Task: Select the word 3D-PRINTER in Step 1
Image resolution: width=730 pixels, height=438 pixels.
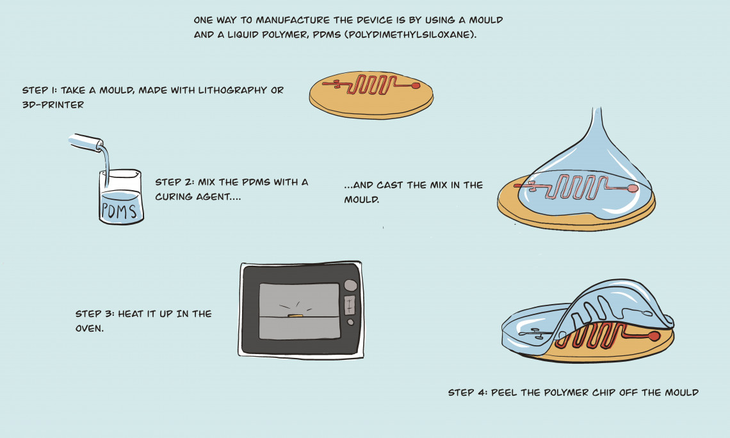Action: point(53,105)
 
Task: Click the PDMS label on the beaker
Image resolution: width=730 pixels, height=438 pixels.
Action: point(120,211)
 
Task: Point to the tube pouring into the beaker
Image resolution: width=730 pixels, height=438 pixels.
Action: point(86,142)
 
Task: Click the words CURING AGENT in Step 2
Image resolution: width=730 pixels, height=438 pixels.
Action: point(198,197)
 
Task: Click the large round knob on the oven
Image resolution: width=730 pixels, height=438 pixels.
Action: point(350,285)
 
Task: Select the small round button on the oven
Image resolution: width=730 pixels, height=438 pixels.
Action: point(350,321)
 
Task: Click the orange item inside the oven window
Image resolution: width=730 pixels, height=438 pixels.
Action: point(295,316)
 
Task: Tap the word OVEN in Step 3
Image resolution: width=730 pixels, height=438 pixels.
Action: point(89,328)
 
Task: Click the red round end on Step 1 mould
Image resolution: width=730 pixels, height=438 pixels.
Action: point(416,85)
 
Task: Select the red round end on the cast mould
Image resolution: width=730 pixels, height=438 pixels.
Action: point(633,188)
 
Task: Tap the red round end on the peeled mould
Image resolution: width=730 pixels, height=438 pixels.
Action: point(654,336)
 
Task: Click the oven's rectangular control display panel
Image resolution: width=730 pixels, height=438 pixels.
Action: point(350,305)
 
